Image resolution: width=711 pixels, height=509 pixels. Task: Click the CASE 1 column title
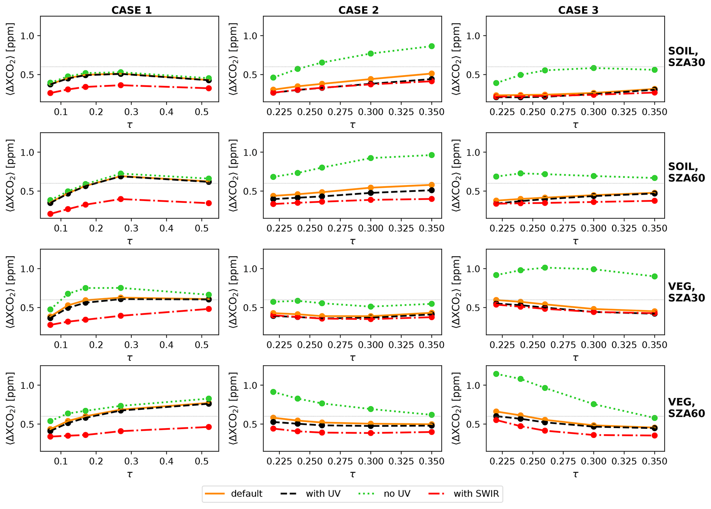coord(131,10)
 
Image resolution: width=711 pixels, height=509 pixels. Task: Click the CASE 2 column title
coord(358,10)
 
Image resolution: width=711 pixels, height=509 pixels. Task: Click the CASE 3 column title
coord(578,10)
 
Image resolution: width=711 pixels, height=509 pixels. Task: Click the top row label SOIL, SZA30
coord(686,56)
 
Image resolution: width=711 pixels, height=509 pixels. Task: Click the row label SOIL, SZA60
coord(686,172)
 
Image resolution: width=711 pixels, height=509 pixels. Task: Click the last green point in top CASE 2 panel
coord(432,46)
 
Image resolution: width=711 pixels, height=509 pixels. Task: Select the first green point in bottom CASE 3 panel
coord(496,374)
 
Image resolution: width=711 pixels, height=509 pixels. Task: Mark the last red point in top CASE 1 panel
coord(209,88)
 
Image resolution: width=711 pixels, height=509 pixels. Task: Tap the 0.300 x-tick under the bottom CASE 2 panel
coord(371,462)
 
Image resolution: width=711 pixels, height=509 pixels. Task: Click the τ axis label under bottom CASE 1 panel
coord(130,474)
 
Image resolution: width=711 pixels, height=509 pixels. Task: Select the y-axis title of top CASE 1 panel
coord(10,59)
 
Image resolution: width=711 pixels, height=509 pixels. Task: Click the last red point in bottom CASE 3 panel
coord(655,436)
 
